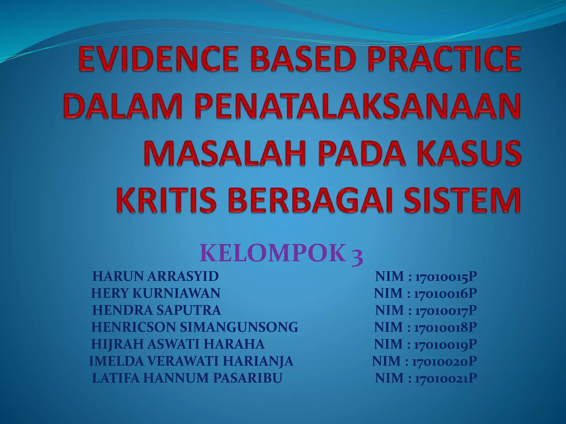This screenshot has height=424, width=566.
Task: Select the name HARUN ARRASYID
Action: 155,276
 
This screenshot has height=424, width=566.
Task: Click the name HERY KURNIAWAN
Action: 156,293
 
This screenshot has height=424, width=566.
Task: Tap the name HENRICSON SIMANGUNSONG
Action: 195,327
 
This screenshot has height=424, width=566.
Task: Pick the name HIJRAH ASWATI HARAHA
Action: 178,344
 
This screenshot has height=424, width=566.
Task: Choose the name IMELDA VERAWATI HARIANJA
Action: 191,361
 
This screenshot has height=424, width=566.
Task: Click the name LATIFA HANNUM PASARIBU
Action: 187,378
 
